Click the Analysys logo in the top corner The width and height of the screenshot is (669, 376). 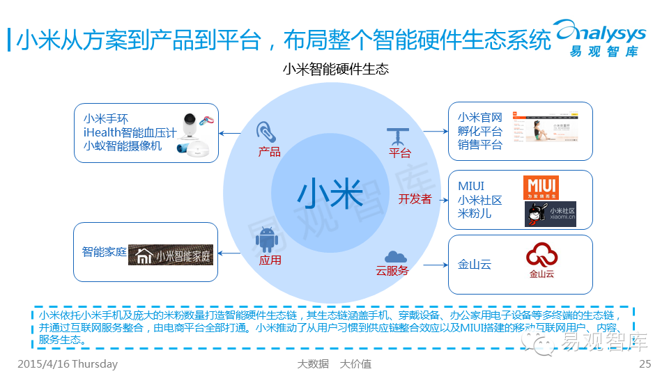600,38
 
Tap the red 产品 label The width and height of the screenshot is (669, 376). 269,152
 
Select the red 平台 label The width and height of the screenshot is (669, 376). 399,152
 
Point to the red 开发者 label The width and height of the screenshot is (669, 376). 415,199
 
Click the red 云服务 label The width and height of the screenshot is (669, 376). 392,270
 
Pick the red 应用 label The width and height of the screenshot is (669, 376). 270,260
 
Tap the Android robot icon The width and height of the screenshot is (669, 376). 268,240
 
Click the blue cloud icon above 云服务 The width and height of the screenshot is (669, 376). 395,256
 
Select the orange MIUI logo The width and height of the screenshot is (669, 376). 541,188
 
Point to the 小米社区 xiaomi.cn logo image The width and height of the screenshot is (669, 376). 551,214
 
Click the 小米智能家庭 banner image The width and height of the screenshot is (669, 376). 170,256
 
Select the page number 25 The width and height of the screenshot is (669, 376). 645,364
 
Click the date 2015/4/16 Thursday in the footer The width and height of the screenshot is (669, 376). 67,364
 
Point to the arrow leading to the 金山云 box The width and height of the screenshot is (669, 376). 434,265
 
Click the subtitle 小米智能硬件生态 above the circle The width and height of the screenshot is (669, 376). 335,70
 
